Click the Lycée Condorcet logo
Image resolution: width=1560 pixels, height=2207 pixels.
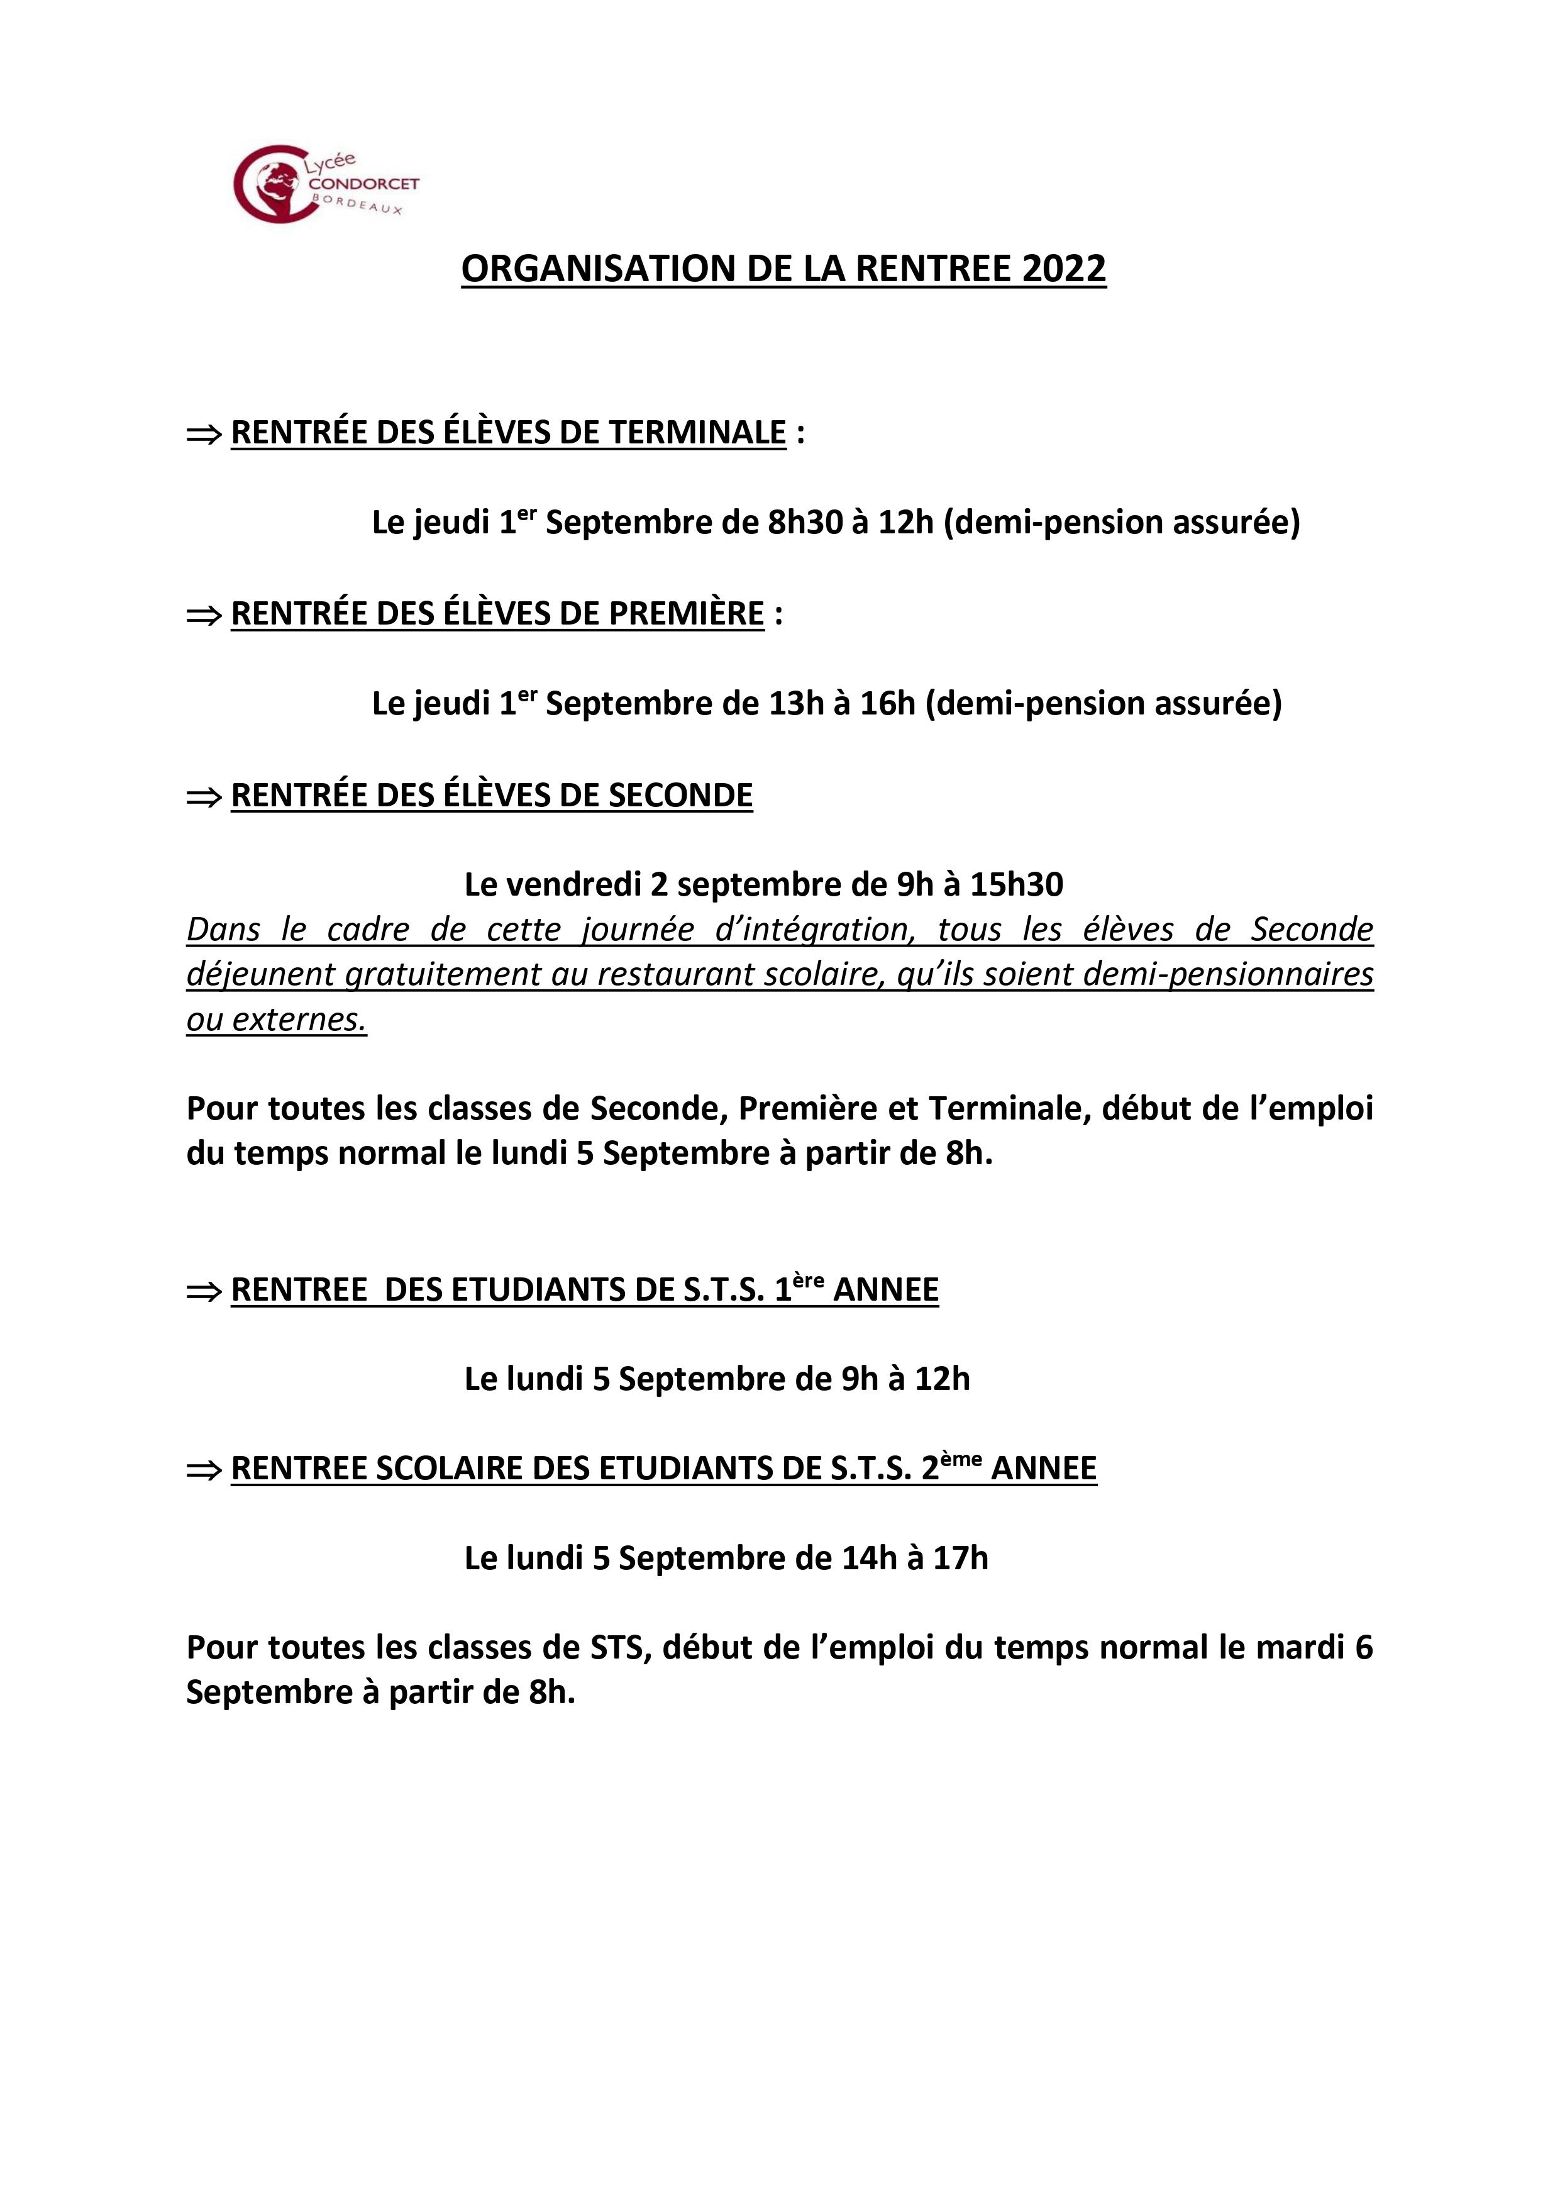326,184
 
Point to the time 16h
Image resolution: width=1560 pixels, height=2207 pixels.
886,704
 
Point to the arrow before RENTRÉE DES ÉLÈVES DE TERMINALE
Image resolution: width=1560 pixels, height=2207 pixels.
203,435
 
